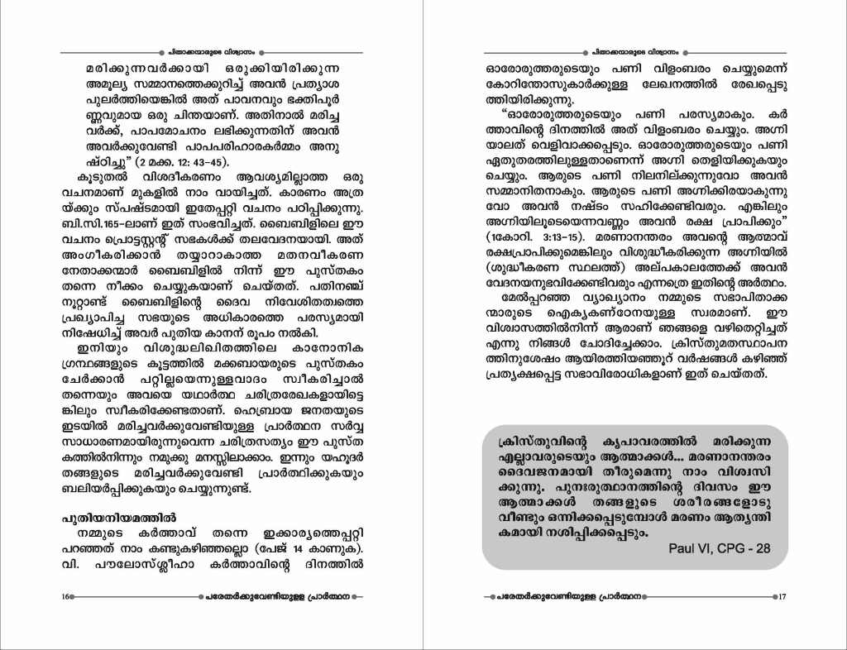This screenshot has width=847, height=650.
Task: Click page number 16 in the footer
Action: (x=64, y=596)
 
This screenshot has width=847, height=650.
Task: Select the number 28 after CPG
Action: (x=762, y=548)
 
